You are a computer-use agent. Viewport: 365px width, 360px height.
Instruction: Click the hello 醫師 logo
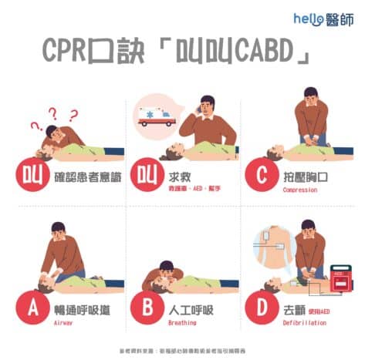[322, 18]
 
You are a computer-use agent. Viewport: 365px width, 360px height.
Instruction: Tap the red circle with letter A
[33, 308]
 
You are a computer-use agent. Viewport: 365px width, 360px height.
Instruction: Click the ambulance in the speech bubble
[155, 113]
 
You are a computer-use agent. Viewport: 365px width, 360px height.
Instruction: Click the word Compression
[299, 189]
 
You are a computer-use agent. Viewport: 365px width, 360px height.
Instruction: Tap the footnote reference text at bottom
[182, 349]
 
